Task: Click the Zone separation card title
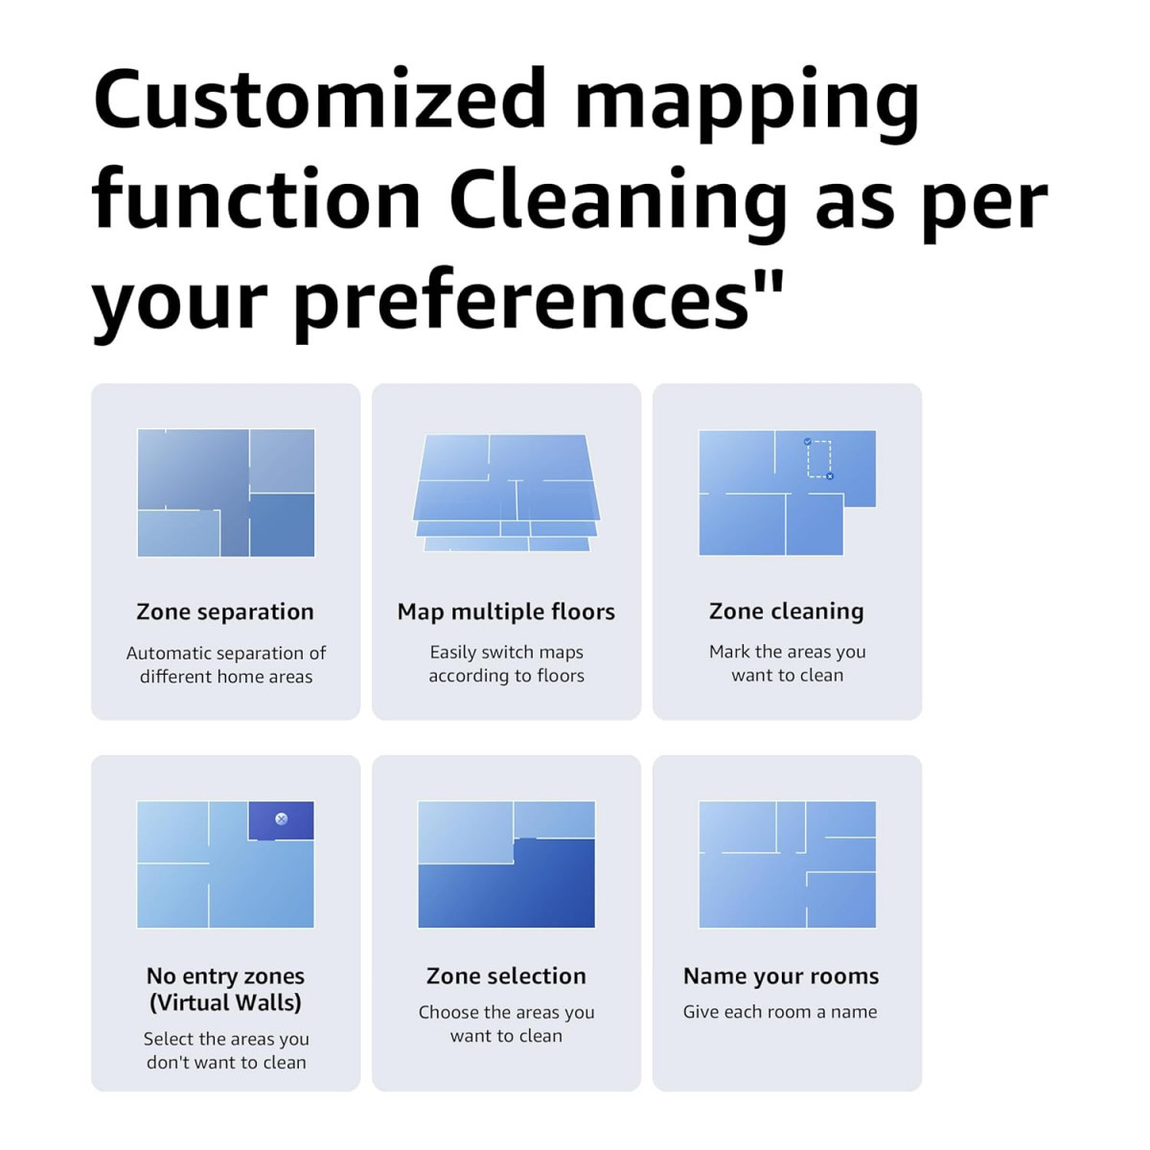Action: point(225,611)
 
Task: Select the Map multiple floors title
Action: point(506,611)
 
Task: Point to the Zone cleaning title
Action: point(786,610)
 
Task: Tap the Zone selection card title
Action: point(506,976)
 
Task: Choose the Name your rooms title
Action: point(781,976)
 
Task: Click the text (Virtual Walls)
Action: point(225,1002)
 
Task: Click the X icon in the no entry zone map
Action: point(281,818)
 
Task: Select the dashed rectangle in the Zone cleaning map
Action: point(818,458)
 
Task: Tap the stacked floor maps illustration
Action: point(506,493)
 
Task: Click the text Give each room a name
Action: point(780,1011)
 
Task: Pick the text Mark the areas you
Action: point(787,652)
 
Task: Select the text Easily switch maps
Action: point(506,652)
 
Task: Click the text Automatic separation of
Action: point(226,653)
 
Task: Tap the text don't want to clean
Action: point(226,1062)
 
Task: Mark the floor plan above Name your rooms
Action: point(787,864)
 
